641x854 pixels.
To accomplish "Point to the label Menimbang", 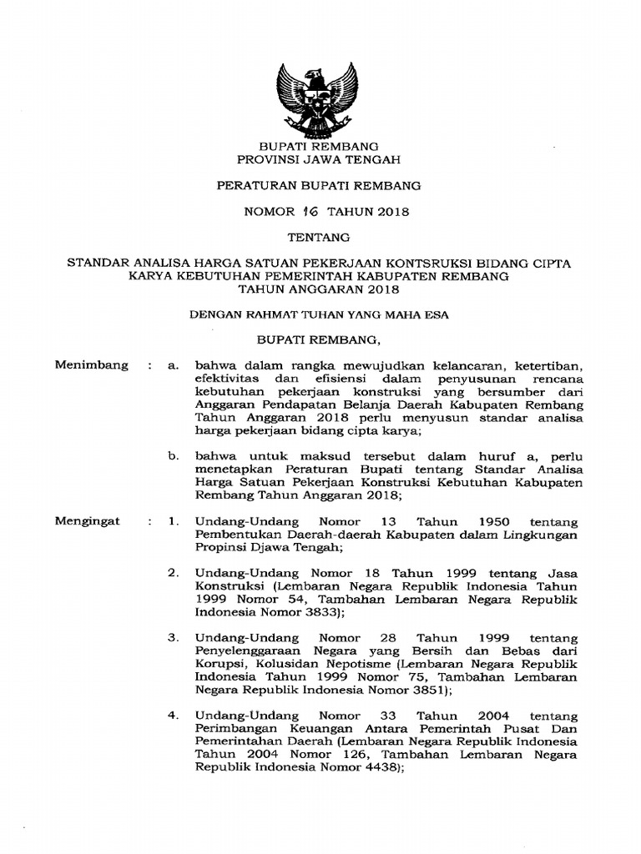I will point(91,364).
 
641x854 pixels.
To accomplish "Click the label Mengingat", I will point(87,520).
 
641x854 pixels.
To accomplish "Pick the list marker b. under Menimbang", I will point(174,456).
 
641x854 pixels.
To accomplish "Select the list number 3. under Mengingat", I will point(174,637).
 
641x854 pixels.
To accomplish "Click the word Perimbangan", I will point(232,730).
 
